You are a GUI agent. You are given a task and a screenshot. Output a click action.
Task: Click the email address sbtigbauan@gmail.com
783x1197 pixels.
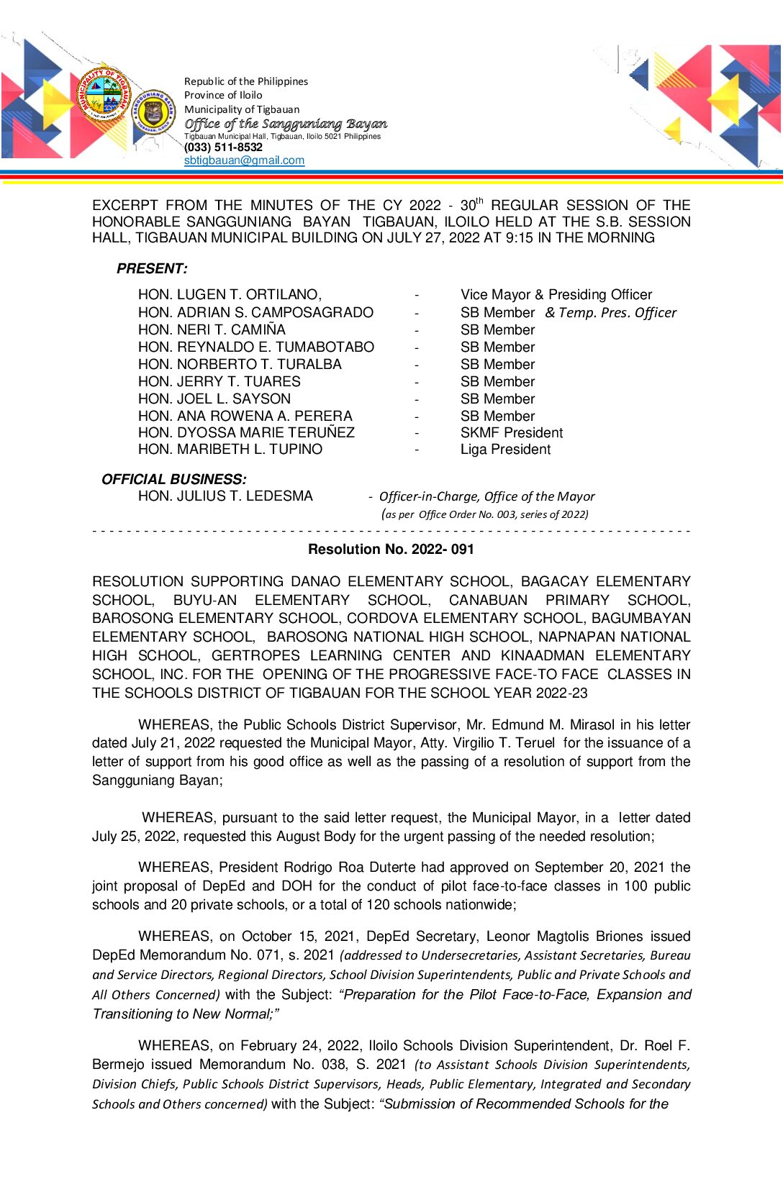pos(244,160)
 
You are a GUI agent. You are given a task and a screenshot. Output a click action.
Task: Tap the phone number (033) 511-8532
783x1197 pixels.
pos(223,147)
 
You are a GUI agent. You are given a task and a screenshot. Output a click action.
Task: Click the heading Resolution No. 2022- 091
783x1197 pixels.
pos(391,550)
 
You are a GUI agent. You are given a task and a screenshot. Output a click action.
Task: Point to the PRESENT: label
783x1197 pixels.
pos(152,269)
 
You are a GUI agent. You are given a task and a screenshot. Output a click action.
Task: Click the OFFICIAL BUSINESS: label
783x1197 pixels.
pos(173,479)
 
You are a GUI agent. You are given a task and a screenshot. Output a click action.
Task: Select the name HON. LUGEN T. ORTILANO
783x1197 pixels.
pos(230,295)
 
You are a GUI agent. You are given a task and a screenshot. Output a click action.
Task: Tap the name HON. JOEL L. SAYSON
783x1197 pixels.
pos(214,399)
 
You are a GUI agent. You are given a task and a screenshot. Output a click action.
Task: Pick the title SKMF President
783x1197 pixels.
pos(512,433)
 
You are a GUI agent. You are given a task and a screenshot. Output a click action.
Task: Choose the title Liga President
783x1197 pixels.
pos(505,450)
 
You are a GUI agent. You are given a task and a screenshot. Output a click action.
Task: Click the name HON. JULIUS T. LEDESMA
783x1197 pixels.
pos(225,496)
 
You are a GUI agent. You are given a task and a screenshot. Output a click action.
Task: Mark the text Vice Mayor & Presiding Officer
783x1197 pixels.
pos(556,295)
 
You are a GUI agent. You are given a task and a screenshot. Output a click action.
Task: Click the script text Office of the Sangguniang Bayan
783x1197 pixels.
pos(286,124)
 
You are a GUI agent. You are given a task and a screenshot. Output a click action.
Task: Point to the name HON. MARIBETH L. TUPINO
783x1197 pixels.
pos(230,450)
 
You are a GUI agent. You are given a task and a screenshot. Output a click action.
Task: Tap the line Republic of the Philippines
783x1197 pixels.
pos(246,81)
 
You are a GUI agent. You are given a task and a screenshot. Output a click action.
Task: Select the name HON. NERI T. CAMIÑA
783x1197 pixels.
pos(212,330)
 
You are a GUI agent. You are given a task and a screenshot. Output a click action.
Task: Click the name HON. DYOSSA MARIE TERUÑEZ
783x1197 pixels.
pos(246,433)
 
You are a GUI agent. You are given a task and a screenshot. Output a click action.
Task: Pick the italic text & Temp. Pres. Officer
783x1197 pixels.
pos(611,313)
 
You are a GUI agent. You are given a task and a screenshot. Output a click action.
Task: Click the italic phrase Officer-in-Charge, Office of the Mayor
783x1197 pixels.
pos(486,496)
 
